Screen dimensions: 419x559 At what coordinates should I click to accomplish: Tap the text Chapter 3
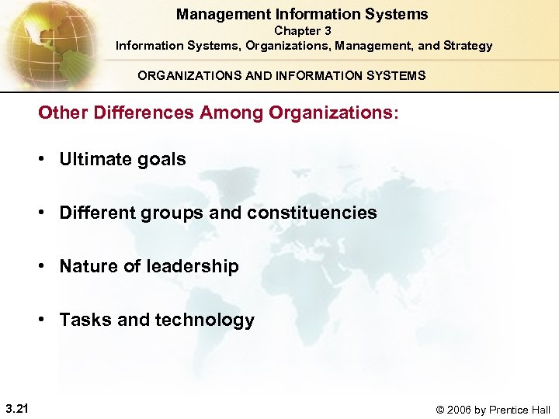303,31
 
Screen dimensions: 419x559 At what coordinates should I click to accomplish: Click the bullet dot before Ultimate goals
45,160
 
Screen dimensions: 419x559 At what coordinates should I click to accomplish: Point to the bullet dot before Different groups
45,213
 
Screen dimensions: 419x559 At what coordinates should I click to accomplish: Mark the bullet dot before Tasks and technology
45,320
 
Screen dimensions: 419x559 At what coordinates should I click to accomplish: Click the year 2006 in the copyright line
457,410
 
